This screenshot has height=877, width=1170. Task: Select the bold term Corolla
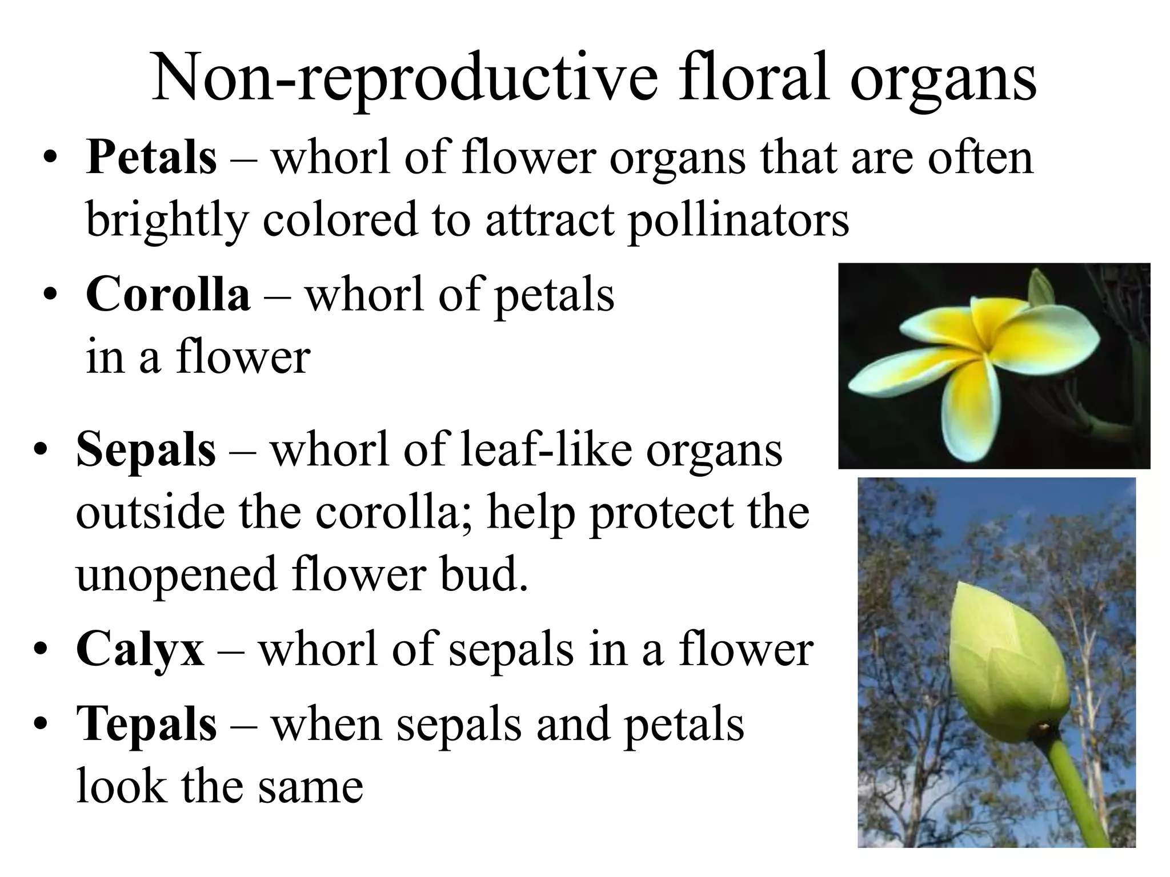168,295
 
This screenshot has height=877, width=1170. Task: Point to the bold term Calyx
140,649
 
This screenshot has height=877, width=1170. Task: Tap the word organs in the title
943,80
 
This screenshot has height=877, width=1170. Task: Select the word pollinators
738,220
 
